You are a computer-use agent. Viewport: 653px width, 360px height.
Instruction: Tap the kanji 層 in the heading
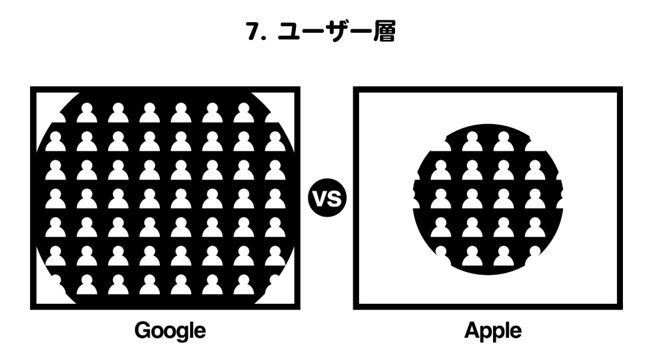pos(384,31)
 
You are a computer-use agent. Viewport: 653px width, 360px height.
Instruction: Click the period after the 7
pos(265,38)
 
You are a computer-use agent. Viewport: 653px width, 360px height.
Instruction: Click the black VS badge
pos(327,197)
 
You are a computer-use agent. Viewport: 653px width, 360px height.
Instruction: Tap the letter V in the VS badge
pos(320,198)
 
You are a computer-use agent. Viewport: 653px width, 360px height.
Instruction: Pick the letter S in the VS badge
pos(335,198)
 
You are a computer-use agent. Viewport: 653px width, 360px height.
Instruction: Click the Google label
pos(170,331)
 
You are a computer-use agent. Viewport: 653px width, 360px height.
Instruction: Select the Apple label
pos(492,331)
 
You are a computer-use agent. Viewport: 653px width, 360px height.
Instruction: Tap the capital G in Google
pos(142,330)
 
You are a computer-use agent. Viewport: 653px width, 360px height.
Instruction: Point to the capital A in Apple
pos(472,330)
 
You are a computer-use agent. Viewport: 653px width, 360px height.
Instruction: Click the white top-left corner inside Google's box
pos(46,104)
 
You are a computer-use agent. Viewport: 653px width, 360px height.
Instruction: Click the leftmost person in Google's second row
pos(56,141)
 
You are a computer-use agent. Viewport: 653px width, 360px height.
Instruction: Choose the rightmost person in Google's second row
pos(275,141)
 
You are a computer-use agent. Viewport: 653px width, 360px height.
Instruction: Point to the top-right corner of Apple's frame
pos(620,89)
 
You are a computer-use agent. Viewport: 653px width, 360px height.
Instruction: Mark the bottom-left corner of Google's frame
pos(33,307)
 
